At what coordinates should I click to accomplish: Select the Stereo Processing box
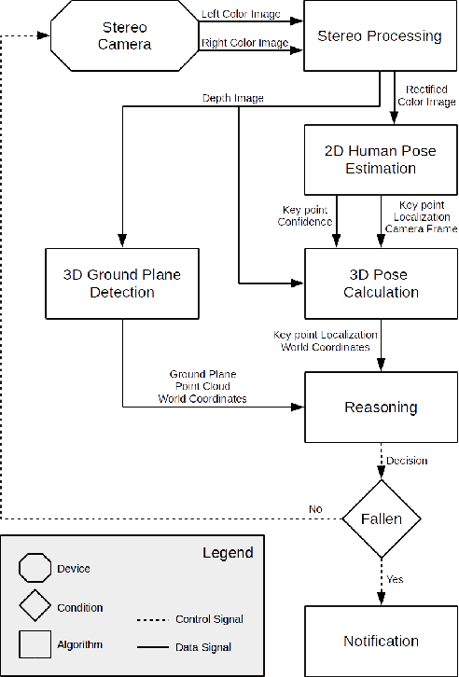point(380,36)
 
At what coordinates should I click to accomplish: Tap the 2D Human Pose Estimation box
point(380,159)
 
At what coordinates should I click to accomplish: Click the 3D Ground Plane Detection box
point(121,283)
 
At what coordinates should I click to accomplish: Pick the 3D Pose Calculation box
point(380,283)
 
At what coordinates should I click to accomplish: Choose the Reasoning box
point(380,408)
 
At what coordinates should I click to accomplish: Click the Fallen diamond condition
point(380,518)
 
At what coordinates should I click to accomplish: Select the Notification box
point(380,641)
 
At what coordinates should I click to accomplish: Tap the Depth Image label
point(233,98)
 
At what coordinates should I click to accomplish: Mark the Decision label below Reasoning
point(408,460)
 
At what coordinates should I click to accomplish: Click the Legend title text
point(228,553)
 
